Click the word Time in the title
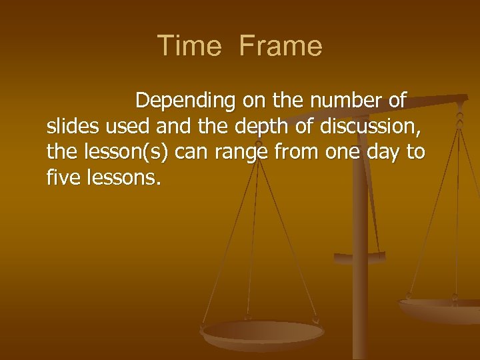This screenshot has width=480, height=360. click(189, 46)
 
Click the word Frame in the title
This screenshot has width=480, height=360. click(280, 46)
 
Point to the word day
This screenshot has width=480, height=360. click(385, 153)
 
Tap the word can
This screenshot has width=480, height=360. click(193, 153)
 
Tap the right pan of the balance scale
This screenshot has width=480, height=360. click(440, 309)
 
